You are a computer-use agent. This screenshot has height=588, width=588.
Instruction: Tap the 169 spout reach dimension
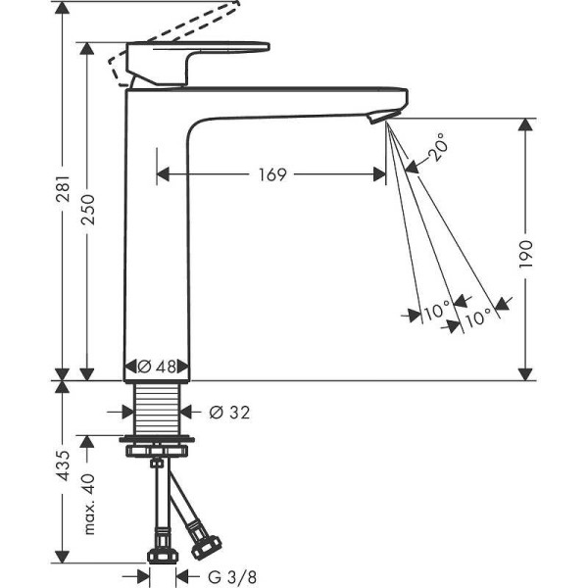pyautogui.click(x=271, y=174)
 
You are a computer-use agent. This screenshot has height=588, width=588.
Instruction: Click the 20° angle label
pyautogui.click(x=439, y=148)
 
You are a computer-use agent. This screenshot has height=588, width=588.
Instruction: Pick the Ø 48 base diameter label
pyautogui.click(x=159, y=367)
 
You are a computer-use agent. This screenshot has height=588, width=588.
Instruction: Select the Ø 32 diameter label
pyautogui.click(x=229, y=413)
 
